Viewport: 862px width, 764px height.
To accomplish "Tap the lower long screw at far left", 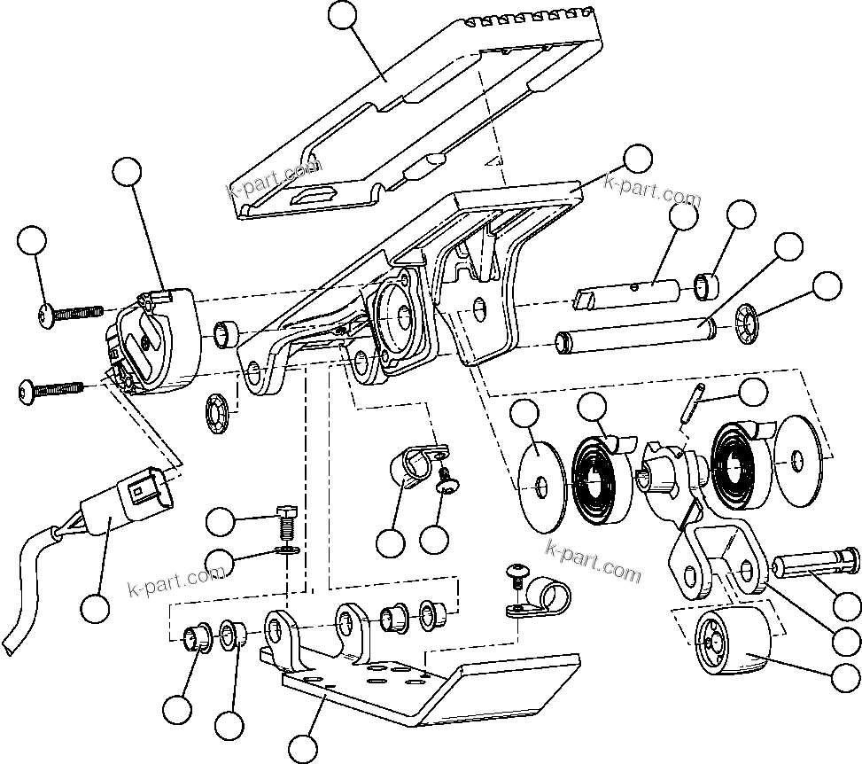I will coord(53,387).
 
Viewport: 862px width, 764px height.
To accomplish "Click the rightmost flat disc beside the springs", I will coord(799,462).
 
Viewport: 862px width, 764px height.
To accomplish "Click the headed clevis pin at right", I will coord(815,565).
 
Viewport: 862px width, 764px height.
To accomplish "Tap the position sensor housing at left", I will coord(155,346).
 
